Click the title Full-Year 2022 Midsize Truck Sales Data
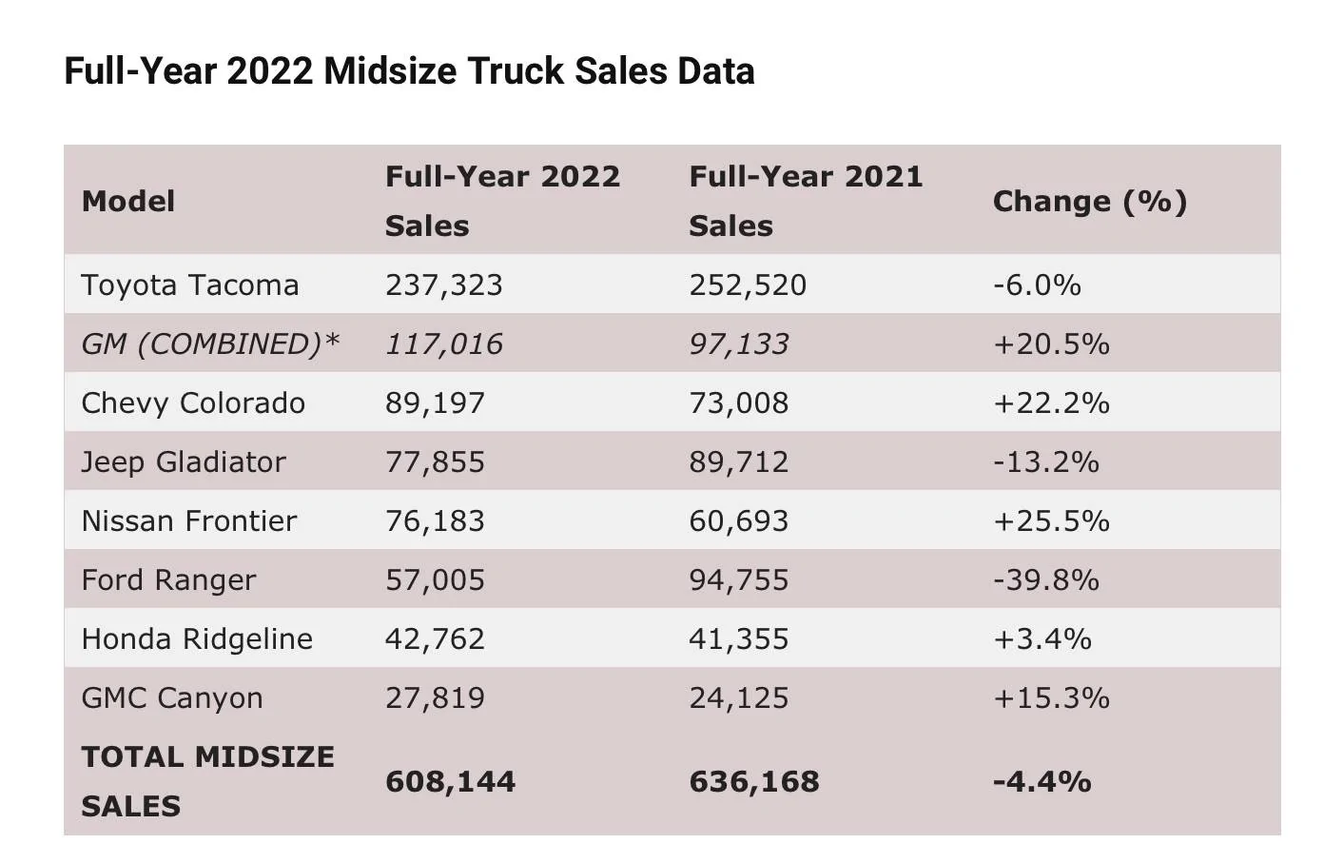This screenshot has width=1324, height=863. [x=409, y=71]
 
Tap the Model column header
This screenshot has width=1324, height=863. [x=128, y=202]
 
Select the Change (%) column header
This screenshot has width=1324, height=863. [x=1090, y=202]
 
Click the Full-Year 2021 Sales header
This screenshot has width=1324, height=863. [x=807, y=201]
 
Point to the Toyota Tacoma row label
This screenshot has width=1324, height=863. [x=190, y=284]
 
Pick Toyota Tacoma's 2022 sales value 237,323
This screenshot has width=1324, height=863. [x=444, y=284]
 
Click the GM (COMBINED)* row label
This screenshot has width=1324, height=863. [x=210, y=344]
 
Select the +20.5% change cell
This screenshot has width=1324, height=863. [x=1052, y=344]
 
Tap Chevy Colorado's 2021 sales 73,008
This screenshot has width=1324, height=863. [x=739, y=403]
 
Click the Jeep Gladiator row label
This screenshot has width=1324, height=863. [x=184, y=462]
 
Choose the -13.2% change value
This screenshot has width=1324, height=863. [x=1046, y=462]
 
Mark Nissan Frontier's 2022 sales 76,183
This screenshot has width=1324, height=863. [x=435, y=521]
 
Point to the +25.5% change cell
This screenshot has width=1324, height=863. [x=1052, y=521]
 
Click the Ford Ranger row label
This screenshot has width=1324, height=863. [x=169, y=580]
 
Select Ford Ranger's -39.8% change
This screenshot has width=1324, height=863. [x=1046, y=580]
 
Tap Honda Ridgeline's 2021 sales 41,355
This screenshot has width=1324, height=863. [x=739, y=639]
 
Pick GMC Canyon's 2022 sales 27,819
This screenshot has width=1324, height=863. [x=435, y=698]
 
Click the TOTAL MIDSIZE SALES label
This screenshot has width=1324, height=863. [x=208, y=781]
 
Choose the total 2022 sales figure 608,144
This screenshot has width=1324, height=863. [x=451, y=782]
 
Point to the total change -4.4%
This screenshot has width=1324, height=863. [x=1042, y=782]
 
